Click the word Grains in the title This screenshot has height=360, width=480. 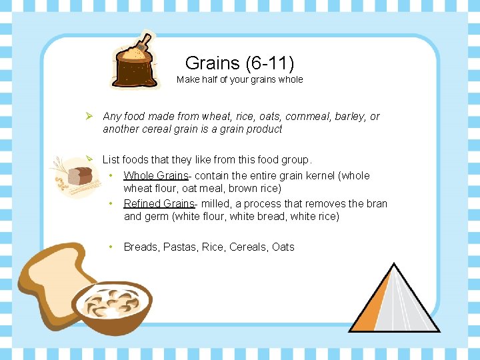(213, 63)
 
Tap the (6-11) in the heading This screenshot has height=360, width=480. (270, 63)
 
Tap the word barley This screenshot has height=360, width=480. (353, 116)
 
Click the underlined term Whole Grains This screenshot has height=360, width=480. (156, 175)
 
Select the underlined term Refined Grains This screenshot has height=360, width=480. (159, 203)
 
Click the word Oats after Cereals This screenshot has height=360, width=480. (283, 247)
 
